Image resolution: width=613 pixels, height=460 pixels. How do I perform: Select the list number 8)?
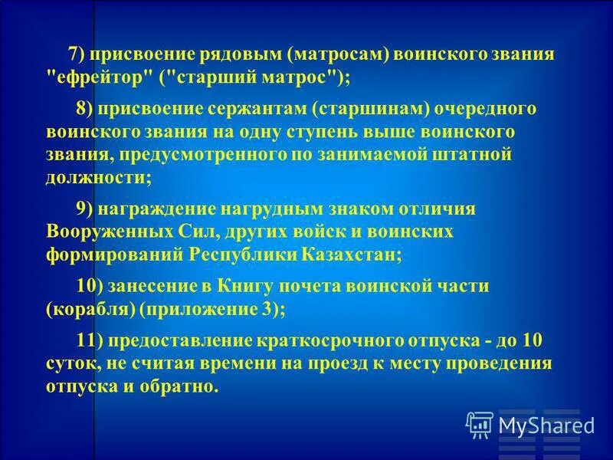(x=85, y=107)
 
